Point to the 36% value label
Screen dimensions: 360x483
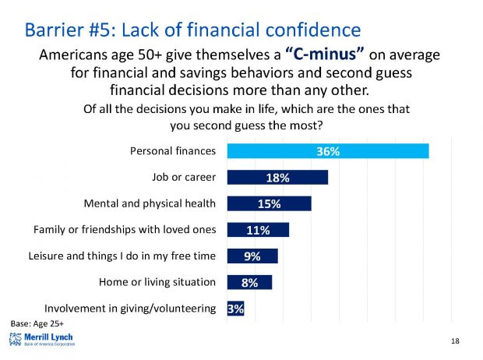point(327,151)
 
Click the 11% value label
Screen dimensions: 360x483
point(259,231)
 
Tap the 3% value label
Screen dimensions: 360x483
point(235,309)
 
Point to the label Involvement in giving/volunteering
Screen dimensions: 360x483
point(130,309)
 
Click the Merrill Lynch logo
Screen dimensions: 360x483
point(42,339)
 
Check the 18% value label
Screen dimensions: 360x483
point(278,178)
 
